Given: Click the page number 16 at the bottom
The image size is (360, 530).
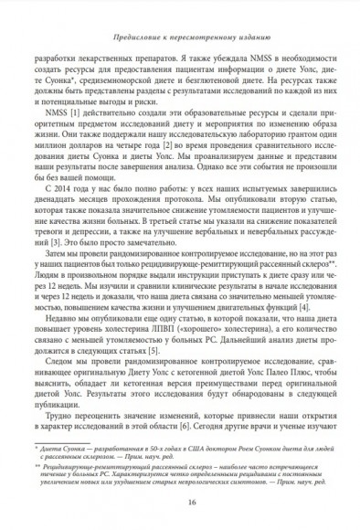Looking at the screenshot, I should click(x=180, y=502).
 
